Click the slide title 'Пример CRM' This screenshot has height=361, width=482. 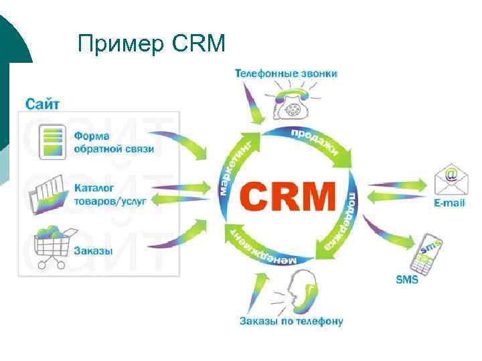pyautogui.click(x=152, y=44)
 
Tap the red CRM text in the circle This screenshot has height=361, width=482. pyautogui.click(x=287, y=197)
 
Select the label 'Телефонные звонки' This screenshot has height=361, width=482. pyautogui.click(x=286, y=73)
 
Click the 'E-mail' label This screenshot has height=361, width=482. pyautogui.click(x=449, y=203)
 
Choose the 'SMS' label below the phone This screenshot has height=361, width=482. pyautogui.click(x=407, y=280)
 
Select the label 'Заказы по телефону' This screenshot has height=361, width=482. pyautogui.click(x=291, y=321)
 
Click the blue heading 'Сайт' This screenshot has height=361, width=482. pyautogui.click(x=43, y=104)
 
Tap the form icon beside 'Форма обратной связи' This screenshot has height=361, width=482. pyautogui.click(x=52, y=143)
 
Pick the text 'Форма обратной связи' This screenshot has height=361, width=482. pyautogui.click(x=114, y=142)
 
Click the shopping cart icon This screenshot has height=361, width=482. pyautogui.click(x=50, y=246)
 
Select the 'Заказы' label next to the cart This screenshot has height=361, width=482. pyautogui.click(x=94, y=251)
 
